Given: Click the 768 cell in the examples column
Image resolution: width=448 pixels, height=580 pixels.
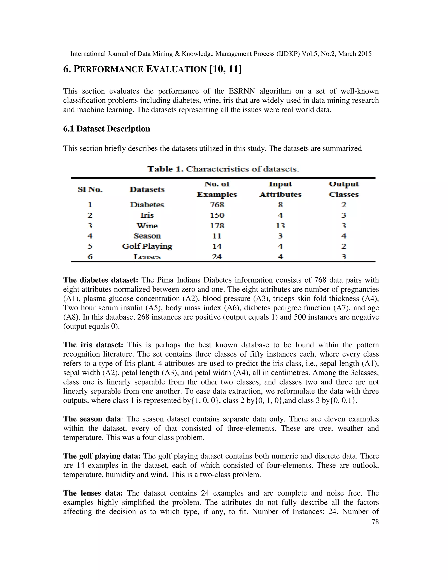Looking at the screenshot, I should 217,205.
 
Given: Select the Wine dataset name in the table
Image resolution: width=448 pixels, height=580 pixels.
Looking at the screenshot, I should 147,226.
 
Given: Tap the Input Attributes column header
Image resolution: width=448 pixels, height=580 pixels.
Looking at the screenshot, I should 280,189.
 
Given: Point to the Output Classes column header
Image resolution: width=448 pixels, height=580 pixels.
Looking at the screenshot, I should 344,189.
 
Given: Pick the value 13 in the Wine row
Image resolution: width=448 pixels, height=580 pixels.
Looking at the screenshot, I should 280,226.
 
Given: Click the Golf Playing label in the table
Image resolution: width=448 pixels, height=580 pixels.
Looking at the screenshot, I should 147,246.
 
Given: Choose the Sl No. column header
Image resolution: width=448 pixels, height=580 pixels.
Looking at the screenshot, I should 90,190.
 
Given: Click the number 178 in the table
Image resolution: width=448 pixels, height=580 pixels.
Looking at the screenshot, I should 217,226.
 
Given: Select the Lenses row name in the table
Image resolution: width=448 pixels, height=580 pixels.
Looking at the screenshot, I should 147,257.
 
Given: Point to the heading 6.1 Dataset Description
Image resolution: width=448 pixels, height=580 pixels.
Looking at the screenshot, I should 107,129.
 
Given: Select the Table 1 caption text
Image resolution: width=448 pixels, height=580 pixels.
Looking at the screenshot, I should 223,169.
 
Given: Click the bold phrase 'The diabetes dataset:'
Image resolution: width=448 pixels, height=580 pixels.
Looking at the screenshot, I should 101,280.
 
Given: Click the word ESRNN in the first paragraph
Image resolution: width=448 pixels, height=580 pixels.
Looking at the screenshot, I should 241,91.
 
